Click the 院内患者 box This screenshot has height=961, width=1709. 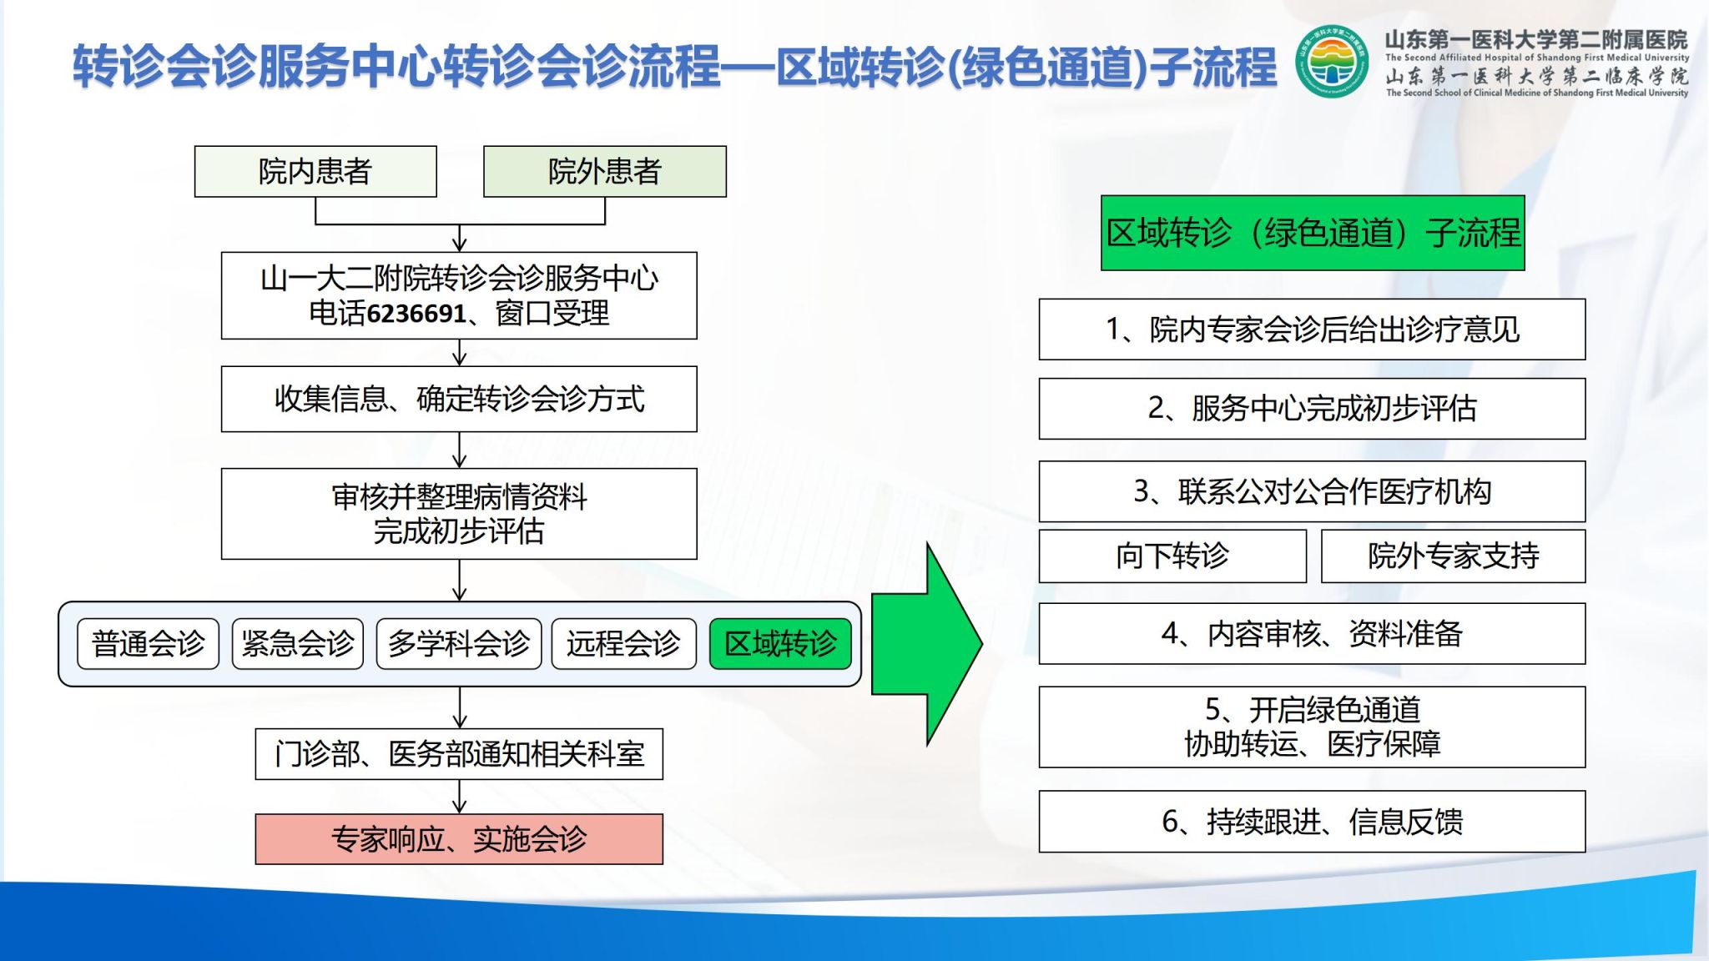click(315, 172)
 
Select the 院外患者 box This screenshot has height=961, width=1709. click(605, 172)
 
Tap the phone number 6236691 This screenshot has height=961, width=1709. click(416, 314)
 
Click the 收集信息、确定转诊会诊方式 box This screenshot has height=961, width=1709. click(459, 399)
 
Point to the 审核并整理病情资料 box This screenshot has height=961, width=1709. click(459, 514)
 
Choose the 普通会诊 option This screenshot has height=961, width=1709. click(148, 644)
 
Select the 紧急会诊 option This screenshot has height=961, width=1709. click(298, 644)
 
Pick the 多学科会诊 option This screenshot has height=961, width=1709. click(459, 644)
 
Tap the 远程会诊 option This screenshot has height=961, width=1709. click(623, 644)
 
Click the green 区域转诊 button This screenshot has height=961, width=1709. click(780, 644)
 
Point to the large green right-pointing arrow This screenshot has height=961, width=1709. click(927, 643)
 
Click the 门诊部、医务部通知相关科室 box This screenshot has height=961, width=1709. click(459, 754)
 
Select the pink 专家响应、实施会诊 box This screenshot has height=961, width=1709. click(459, 839)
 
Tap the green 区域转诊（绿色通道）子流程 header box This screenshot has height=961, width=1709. click(1313, 233)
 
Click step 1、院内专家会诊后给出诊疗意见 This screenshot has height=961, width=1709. click(1312, 330)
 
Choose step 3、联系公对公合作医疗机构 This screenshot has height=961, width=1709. click(1312, 491)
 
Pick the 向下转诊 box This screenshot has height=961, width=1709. click(1172, 556)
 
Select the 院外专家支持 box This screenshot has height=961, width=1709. click(1453, 556)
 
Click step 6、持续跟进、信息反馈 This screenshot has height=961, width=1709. click(1312, 822)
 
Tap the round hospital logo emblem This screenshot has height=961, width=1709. click(1332, 62)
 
